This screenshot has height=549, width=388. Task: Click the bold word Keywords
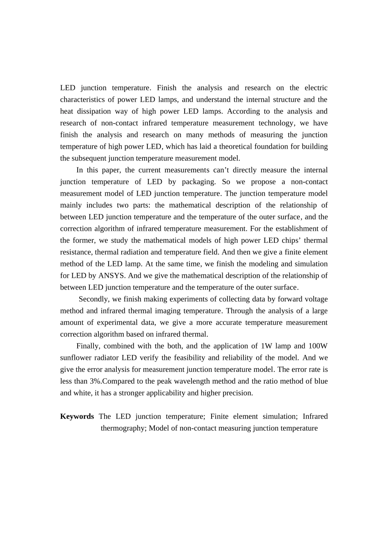coord(77,416)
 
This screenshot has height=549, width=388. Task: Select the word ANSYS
coord(111,275)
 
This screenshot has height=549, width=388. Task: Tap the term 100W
coord(318,346)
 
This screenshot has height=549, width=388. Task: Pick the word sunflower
coord(76,358)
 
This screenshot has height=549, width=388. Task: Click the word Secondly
coord(93,299)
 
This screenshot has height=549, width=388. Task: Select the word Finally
coord(87,346)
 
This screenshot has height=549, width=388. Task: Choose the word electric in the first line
coord(316,88)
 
